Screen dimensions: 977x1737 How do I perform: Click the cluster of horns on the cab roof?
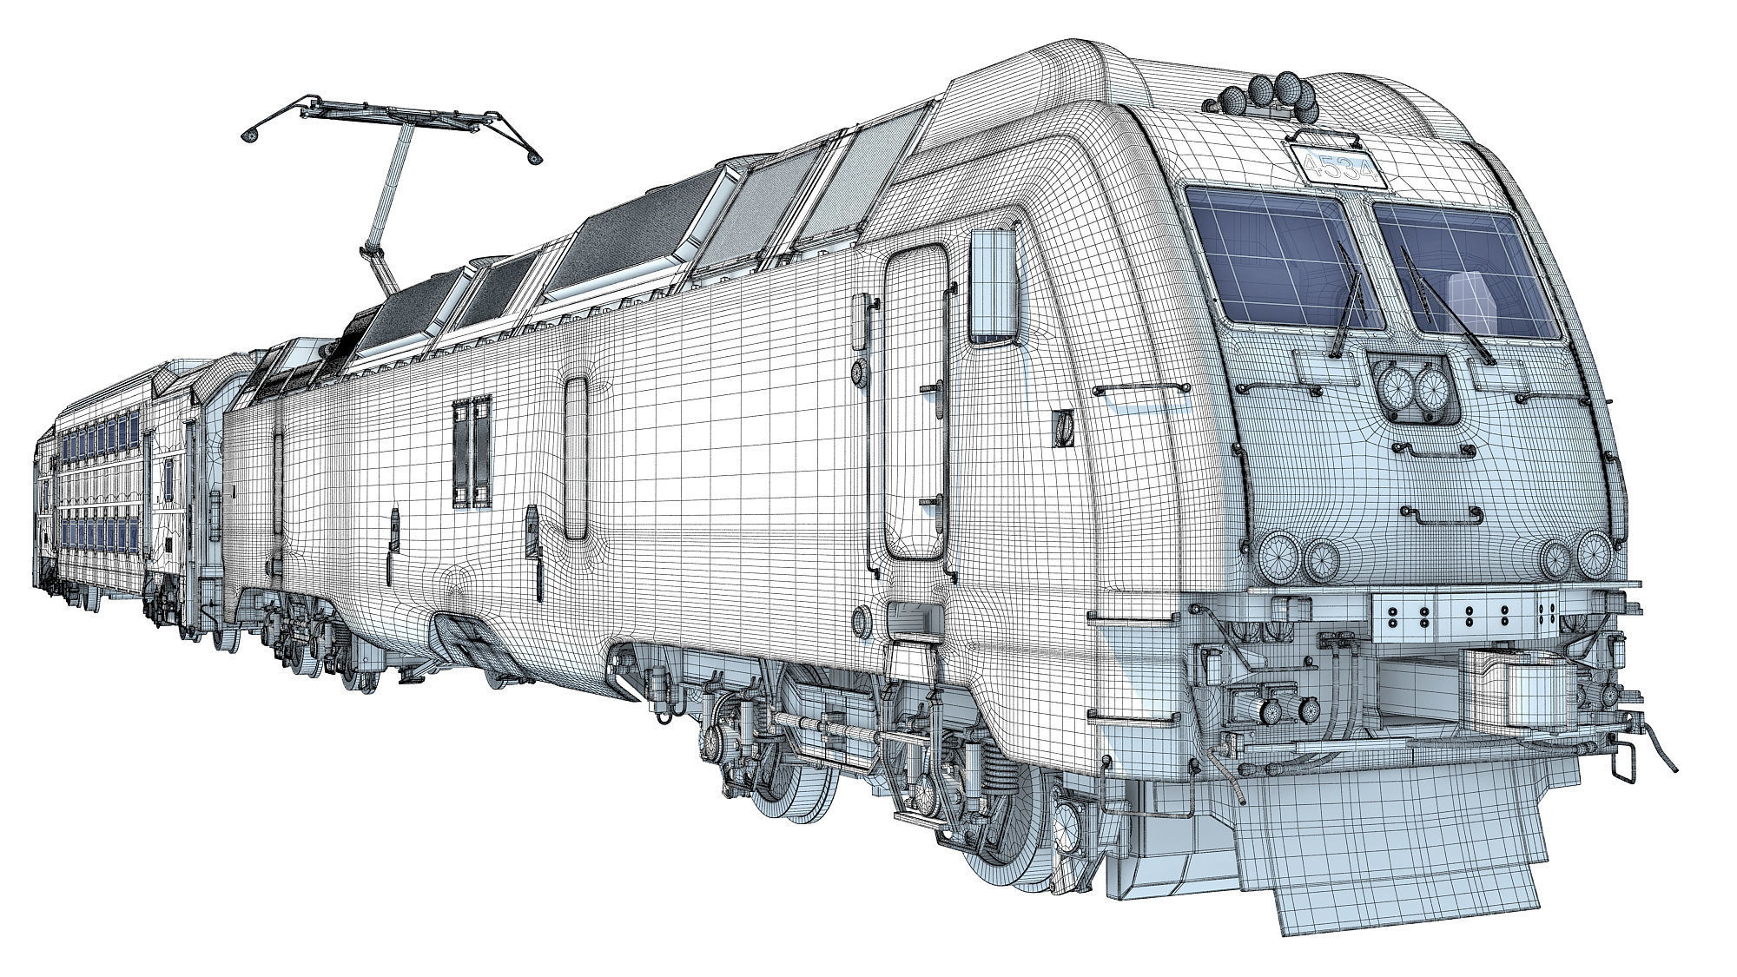(x=1268, y=93)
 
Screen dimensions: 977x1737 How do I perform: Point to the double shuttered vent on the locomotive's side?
(x=471, y=452)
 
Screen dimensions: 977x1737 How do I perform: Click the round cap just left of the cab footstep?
(x=862, y=620)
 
